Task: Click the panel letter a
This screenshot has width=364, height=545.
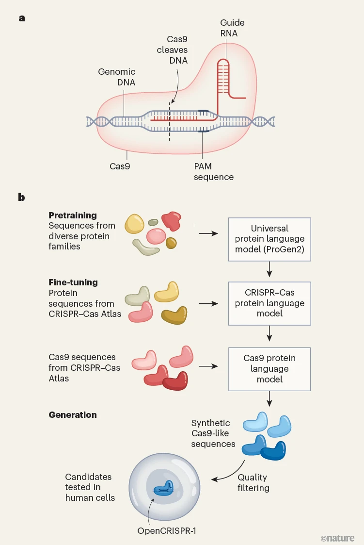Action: pyautogui.click(x=21, y=18)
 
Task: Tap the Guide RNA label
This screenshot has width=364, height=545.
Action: pyautogui.click(x=232, y=28)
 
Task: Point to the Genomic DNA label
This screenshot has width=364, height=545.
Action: pyautogui.click(x=116, y=77)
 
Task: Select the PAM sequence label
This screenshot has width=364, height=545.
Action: pyautogui.click(x=213, y=171)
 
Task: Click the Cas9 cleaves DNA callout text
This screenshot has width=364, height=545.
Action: pyautogui.click(x=172, y=50)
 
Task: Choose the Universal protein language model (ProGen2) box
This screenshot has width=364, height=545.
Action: pyautogui.click(x=269, y=239)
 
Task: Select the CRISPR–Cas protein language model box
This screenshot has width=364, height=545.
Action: pyautogui.click(x=269, y=303)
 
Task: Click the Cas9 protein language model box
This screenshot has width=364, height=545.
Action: pyautogui.click(x=269, y=368)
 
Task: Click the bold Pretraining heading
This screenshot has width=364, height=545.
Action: pyautogui.click(x=73, y=215)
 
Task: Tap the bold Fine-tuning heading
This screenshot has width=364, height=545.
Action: pyautogui.click(x=73, y=282)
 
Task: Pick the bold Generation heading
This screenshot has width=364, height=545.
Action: pyautogui.click(x=73, y=414)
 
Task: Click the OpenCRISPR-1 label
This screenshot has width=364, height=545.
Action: pyautogui.click(x=167, y=530)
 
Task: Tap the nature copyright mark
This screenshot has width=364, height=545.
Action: pyautogui.click(x=337, y=538)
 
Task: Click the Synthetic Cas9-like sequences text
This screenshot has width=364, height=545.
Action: pyautogui.click(x=213, y=434)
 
